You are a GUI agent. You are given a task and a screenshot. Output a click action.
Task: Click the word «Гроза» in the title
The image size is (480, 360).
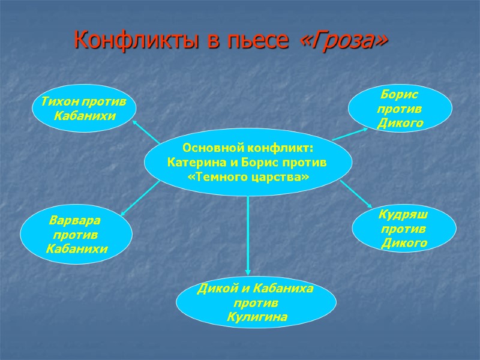point(343,41)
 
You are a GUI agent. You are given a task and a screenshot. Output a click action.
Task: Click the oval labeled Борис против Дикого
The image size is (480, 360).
point(400,109)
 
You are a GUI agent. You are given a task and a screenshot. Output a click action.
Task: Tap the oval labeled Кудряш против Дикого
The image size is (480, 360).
point(404,229)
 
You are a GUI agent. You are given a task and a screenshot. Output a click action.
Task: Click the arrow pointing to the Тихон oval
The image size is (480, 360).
point(146,132)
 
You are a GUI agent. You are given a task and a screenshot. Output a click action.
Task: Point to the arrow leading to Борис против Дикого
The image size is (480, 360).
point(351,133)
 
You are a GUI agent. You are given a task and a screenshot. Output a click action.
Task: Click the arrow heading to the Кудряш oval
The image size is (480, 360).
point(355,195)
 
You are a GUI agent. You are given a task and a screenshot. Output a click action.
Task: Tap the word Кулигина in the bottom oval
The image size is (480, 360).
point(257,317)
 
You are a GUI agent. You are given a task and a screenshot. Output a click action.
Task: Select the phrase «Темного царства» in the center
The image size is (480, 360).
point(248,178)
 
